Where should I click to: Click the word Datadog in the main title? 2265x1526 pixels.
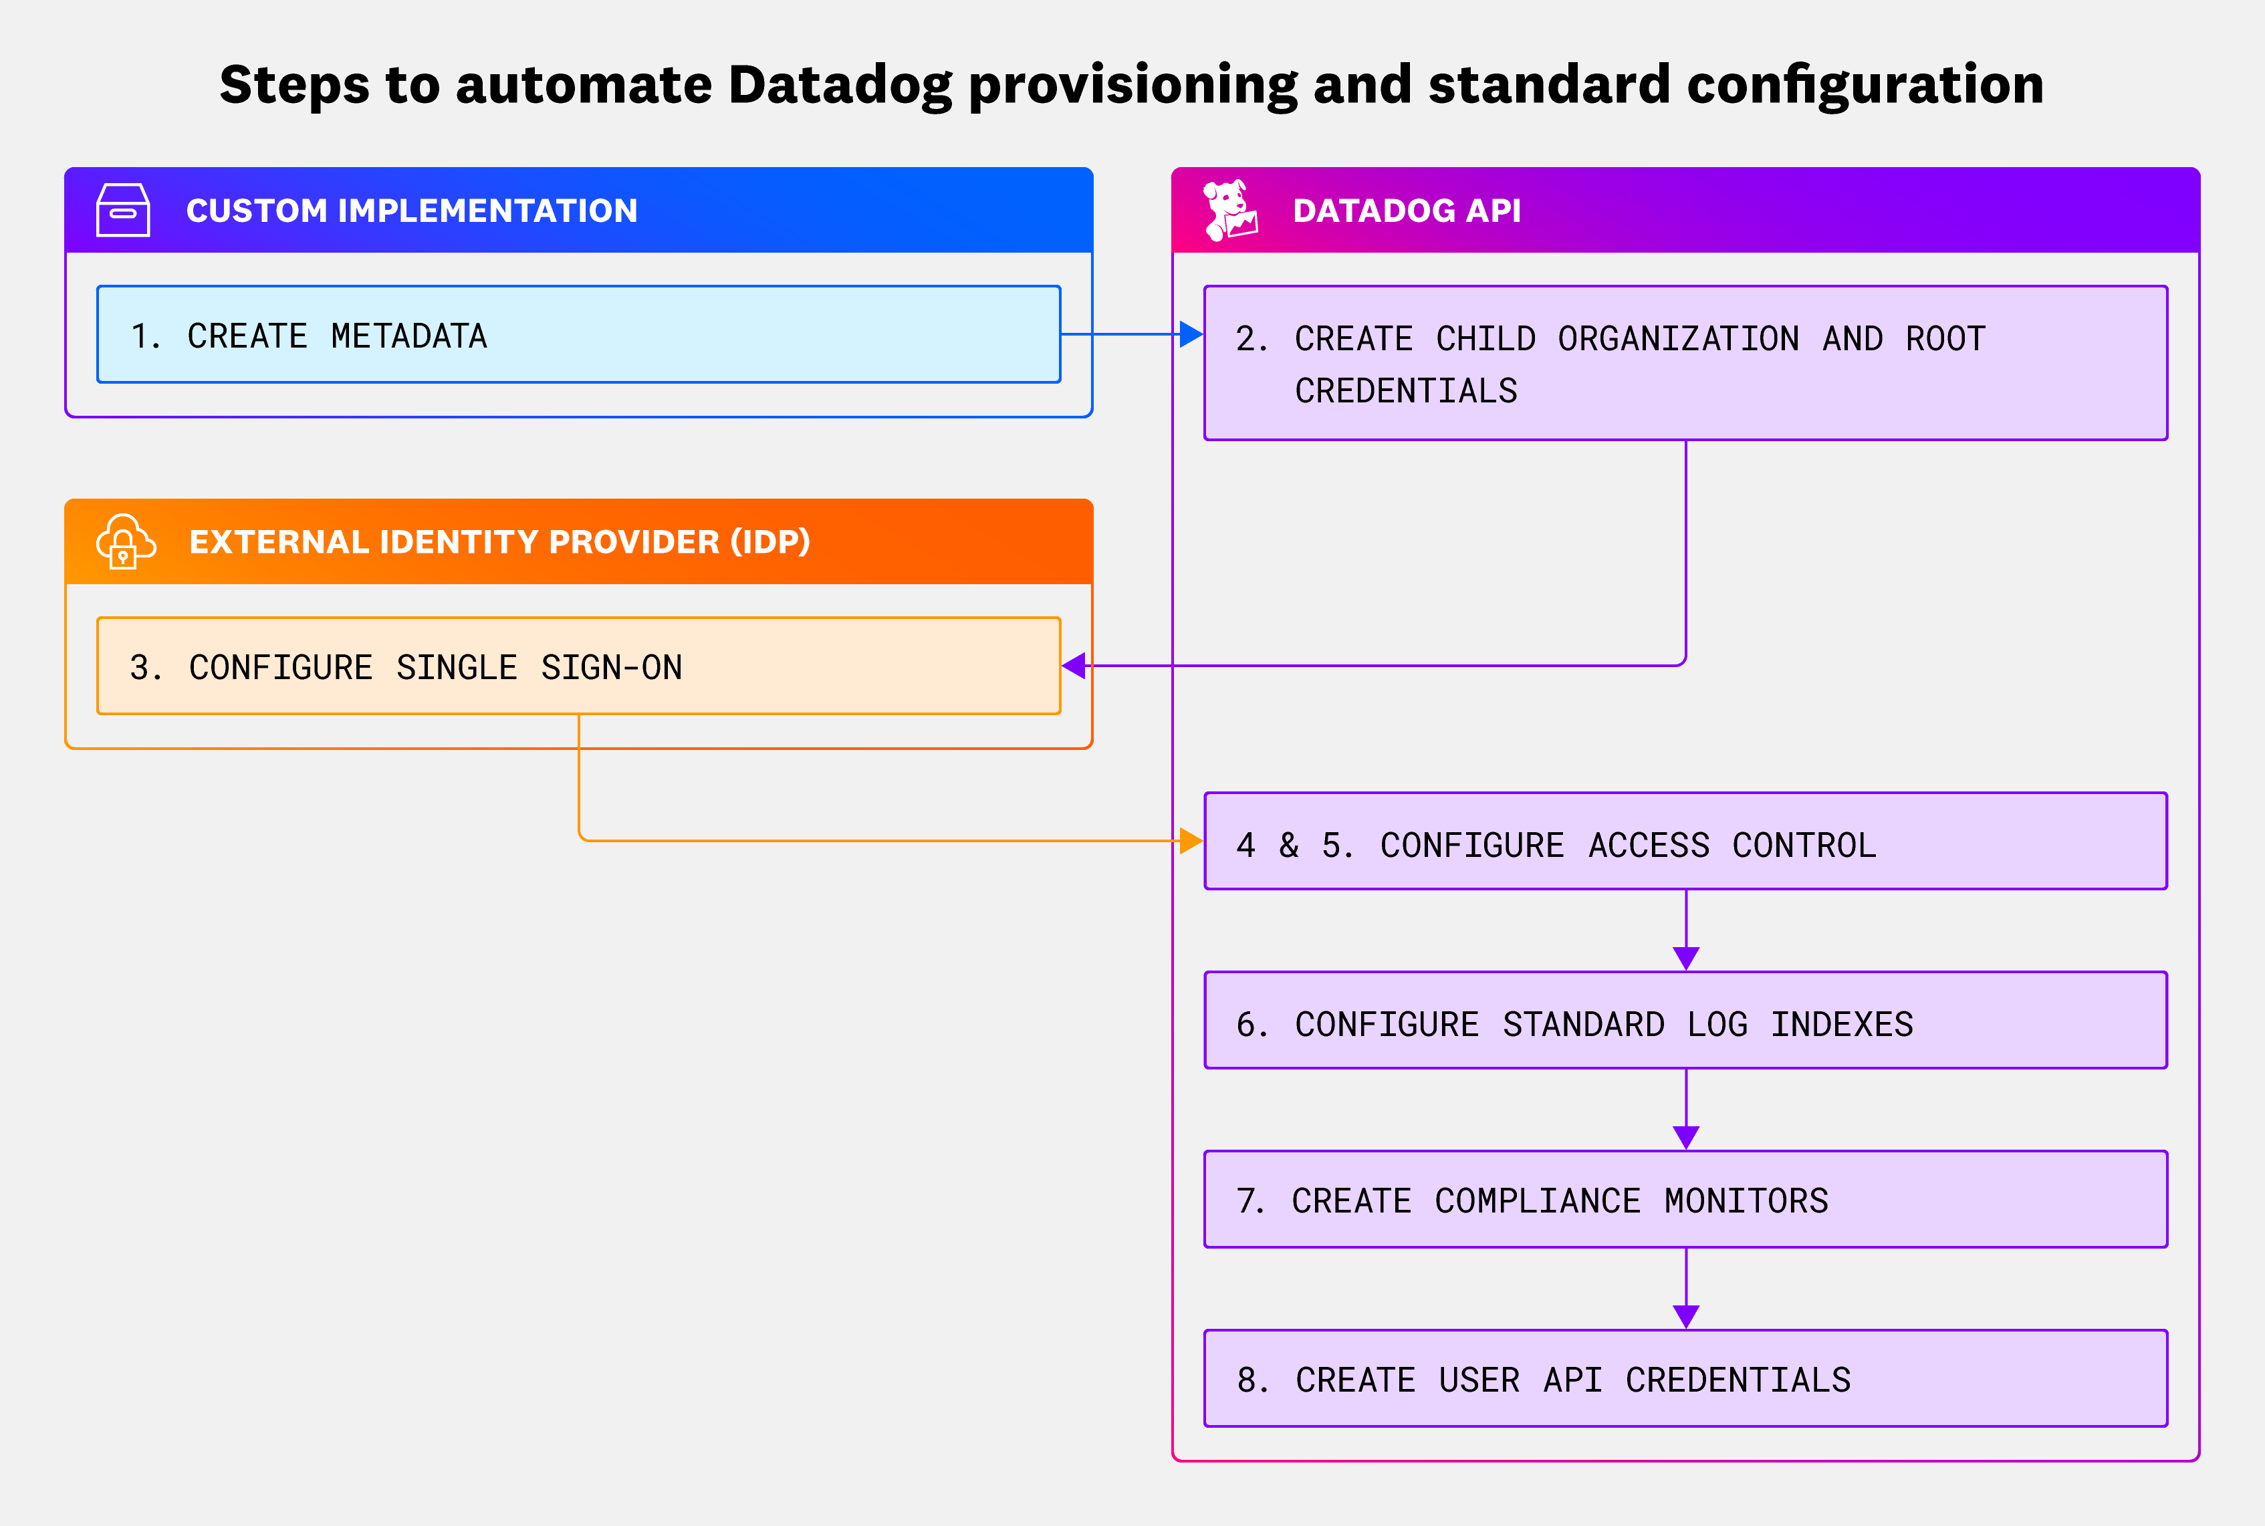tap(839, 86)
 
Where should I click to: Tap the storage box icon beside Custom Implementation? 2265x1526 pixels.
tap(122, 210)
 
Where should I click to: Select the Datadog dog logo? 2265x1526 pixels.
tap(1229, 209)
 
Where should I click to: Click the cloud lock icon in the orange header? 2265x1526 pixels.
tap(124, 541)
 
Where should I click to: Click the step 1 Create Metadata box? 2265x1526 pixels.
tap(578, 334)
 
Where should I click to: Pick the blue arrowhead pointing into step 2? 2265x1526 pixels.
tap(1191, 334)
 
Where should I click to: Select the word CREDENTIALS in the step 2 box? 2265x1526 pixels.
tap(1405, 391)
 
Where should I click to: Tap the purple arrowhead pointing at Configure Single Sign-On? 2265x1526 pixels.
tap(1074, 666)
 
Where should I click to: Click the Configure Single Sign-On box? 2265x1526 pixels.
tap(578, 666)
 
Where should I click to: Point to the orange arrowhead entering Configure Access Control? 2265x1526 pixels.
tap(1191, 840)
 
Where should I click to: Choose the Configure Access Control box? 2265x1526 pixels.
tap(1685, 841)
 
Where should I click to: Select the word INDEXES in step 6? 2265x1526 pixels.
tap(1840, 1025)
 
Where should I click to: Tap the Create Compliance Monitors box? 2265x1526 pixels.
tap(1685, 1199)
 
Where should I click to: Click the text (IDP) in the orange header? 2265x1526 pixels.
tap(770, 541)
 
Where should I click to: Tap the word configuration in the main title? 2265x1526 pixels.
tap(1865, 86)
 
